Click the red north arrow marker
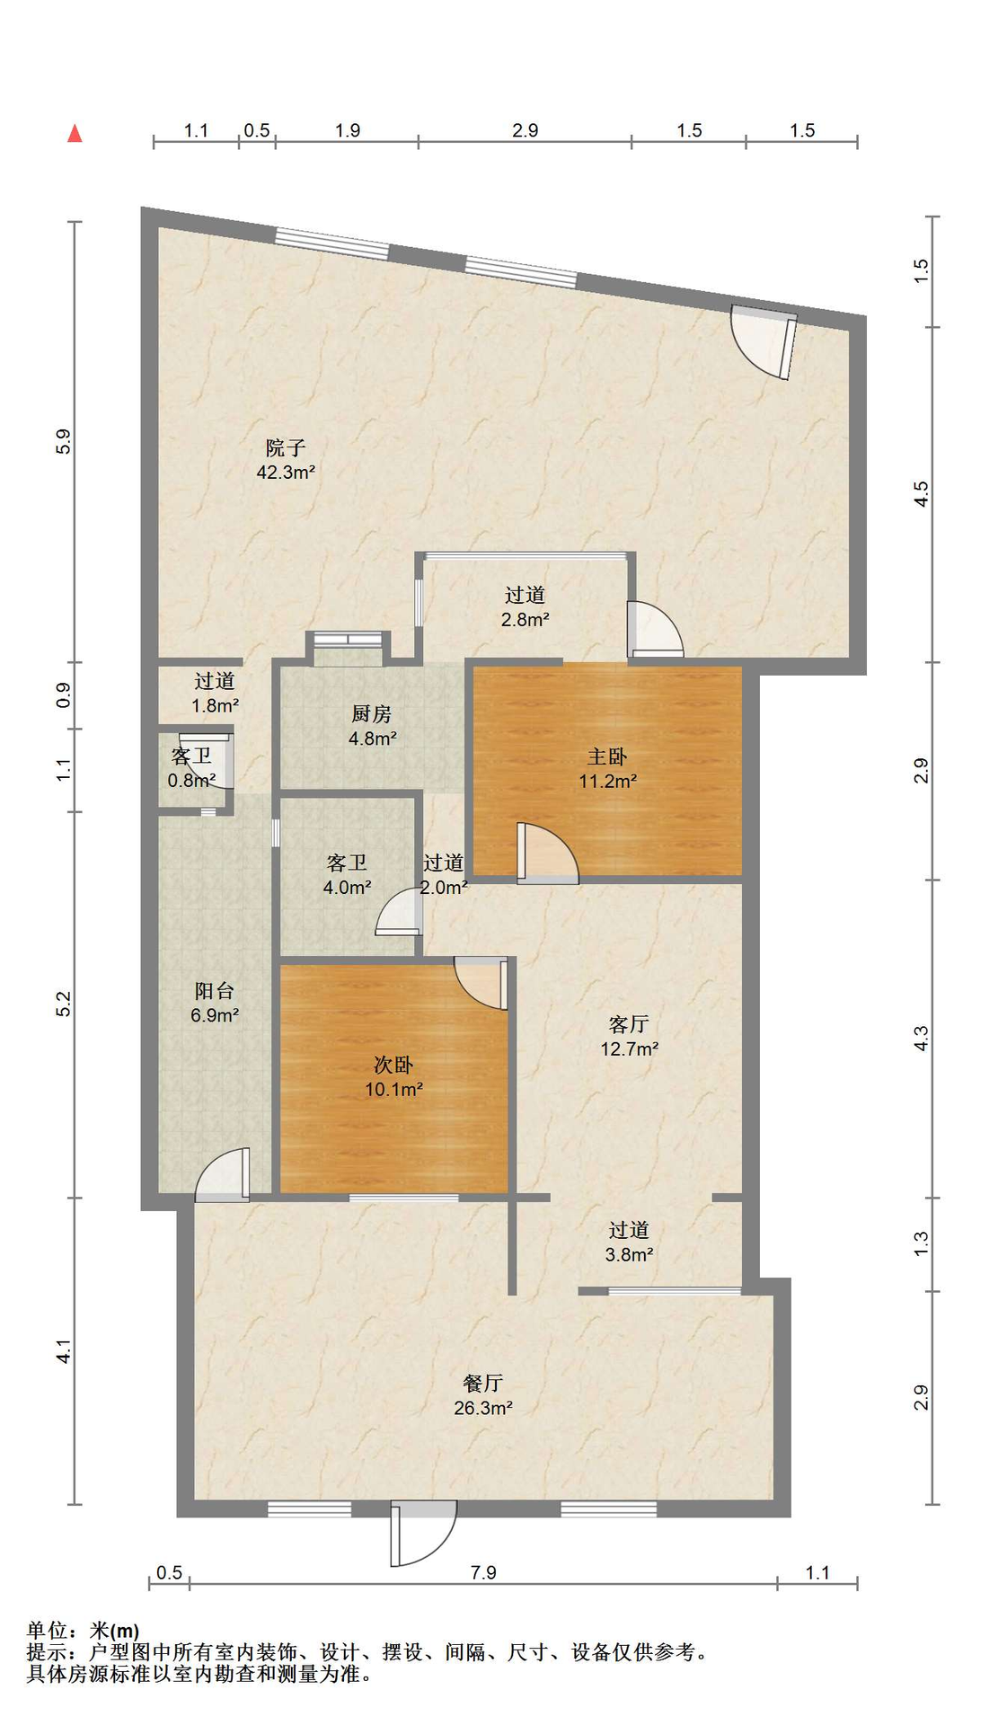pos(75,133)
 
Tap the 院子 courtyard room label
pos(286,447)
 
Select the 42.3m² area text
pos(286,472)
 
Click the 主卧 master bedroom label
pos(607,756)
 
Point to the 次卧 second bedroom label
pos(393,1065)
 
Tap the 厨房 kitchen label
pos(371,714)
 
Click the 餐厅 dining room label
pos(482,1383)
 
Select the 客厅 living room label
pos(629,1024)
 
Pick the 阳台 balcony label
pos(215,991)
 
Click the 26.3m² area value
pos(483,1408)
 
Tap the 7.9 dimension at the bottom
pos(483,1572)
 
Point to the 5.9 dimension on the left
pos(63,441)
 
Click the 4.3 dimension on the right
pos(922,1039)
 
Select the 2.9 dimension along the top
pos(526,131)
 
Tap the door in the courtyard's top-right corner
pos(764,341)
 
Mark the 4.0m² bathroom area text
pos(348,888)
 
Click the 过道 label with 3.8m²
pos(629,1230)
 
